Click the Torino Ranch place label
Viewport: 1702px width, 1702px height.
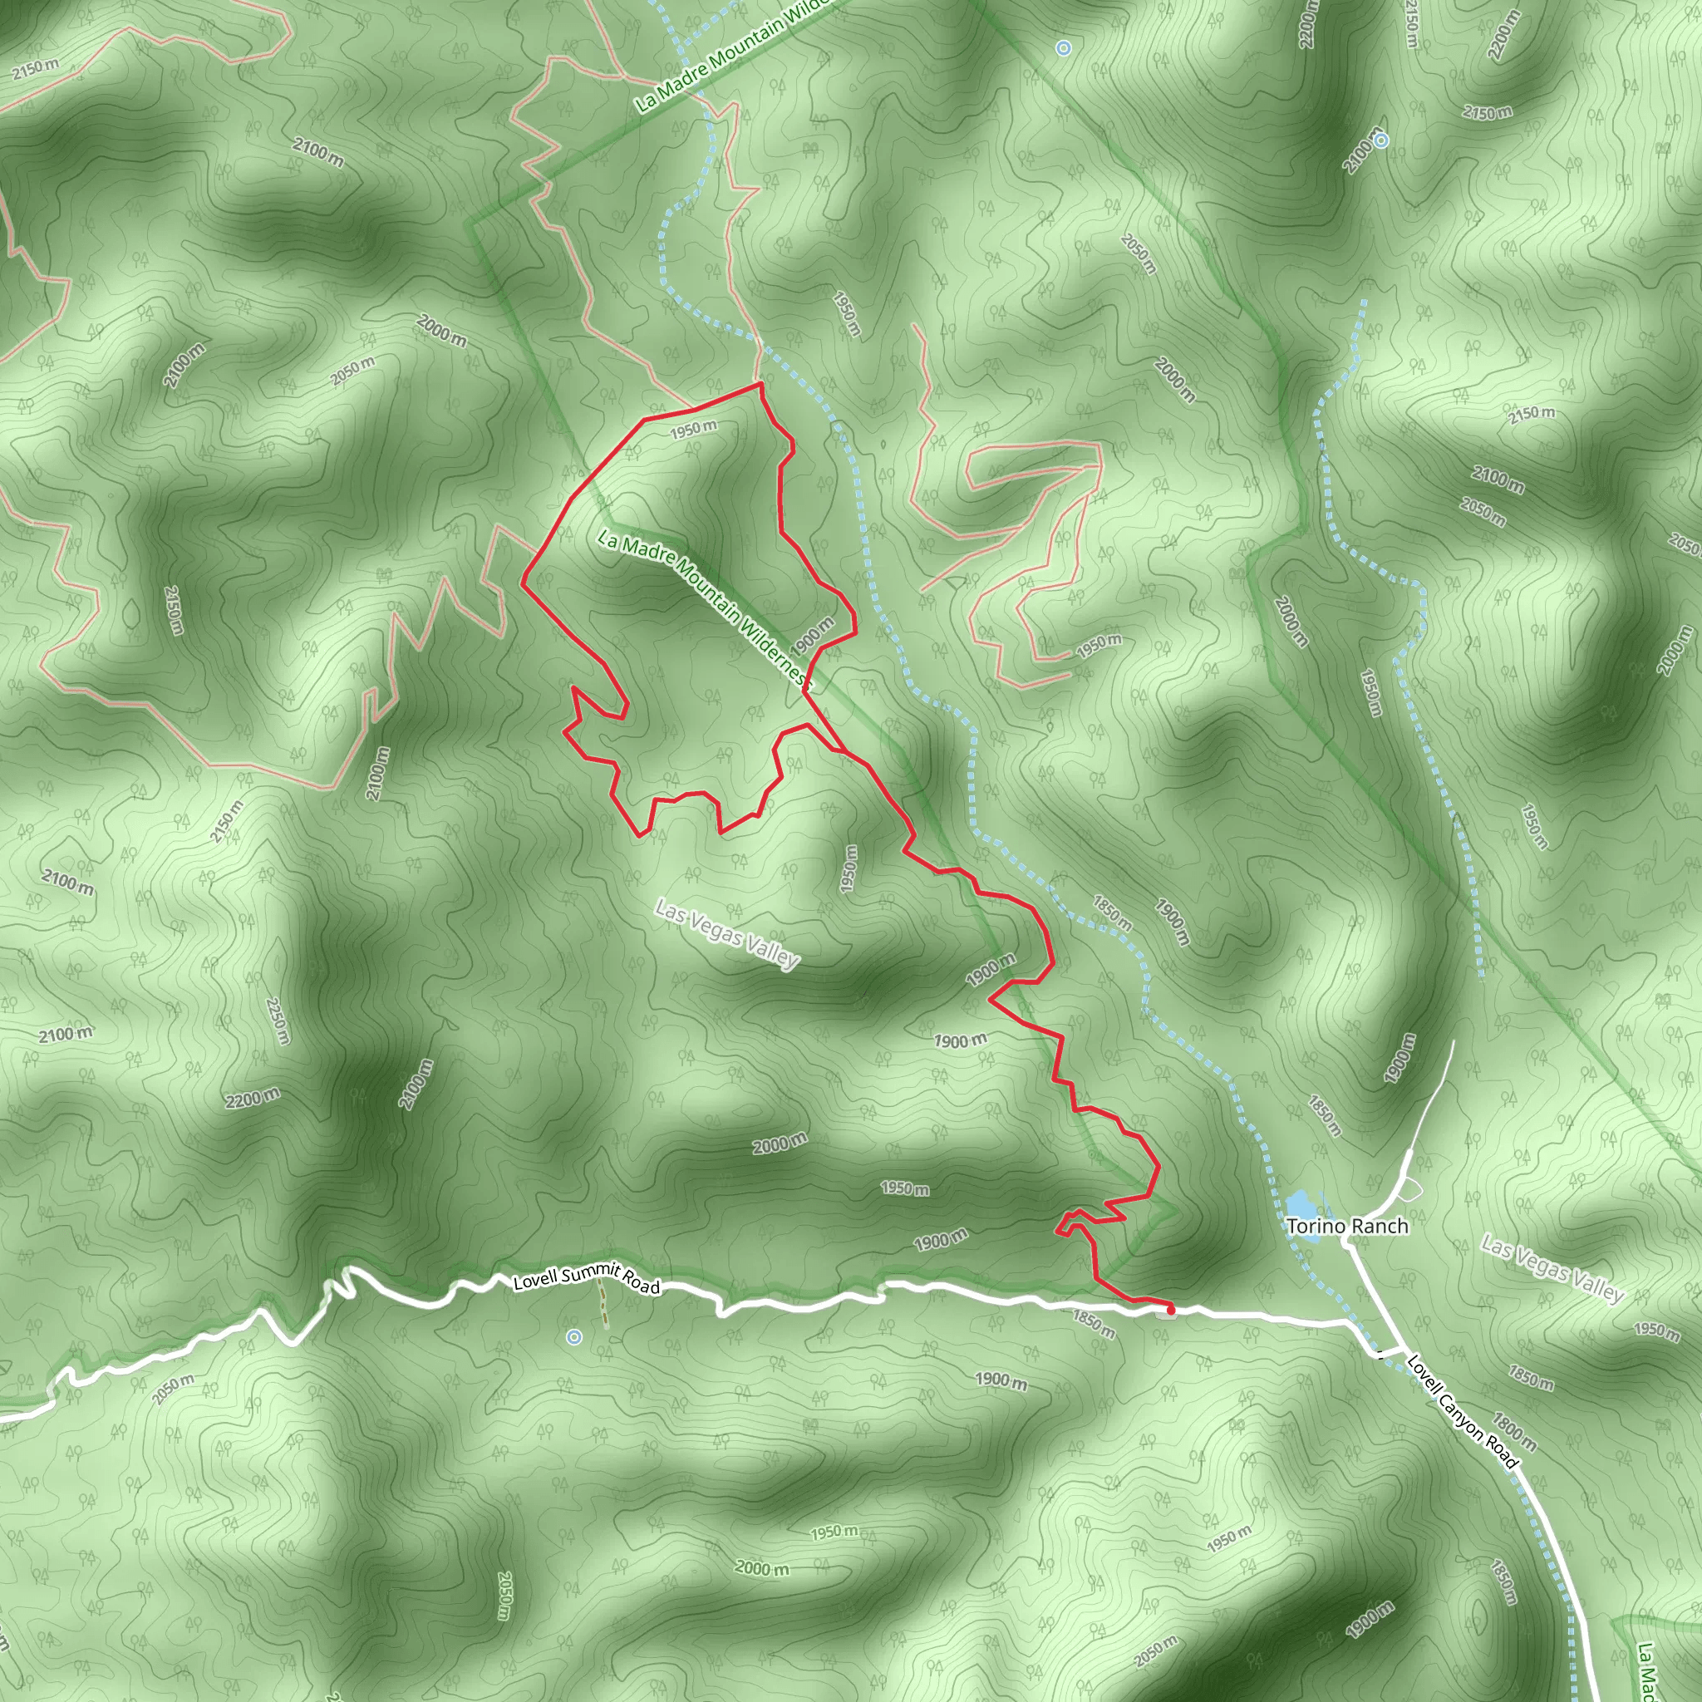[1347, 1226]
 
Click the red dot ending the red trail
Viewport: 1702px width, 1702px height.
[1171, 1310]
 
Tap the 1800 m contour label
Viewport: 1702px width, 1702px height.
[1514, 1432]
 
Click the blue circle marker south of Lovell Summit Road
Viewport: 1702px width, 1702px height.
[574, 1337]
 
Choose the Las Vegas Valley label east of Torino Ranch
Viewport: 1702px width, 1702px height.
[1552, 1270]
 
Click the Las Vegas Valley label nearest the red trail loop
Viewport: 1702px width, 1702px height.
[728, 934]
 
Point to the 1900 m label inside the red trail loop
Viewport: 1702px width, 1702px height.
[812, 636]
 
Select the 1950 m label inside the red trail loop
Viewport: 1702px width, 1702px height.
[693, 429]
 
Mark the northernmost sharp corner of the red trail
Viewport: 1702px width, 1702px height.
[760, 384]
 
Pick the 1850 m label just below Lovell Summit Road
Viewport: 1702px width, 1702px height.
[1094, 1324]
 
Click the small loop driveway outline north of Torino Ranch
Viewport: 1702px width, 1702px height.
[1410, 1190]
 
